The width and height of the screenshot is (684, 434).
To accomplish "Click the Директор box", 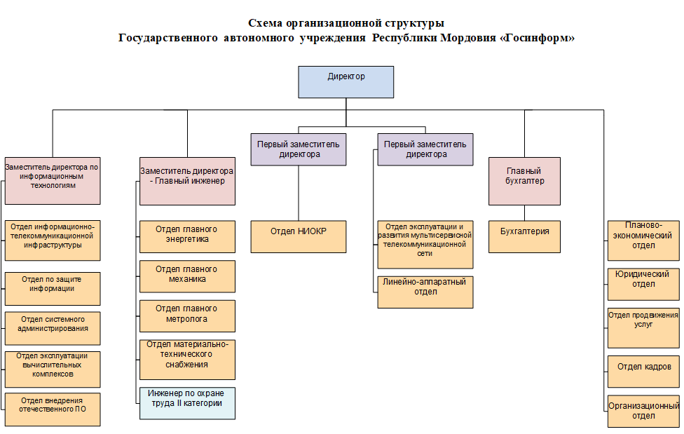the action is [346, 82].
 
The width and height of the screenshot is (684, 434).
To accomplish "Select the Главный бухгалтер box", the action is [524, 181].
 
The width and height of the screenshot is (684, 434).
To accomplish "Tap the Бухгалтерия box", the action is [524, 237].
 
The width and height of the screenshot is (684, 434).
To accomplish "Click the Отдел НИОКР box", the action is [299, 237].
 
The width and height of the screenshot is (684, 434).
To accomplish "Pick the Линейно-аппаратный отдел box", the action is [425, 292].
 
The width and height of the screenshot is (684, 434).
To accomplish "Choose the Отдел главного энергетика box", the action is [187, 237].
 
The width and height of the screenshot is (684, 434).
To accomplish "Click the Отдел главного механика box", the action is [187, 276].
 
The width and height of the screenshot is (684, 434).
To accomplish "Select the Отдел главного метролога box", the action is [187, 316].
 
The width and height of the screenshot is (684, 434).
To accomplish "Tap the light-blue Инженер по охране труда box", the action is [187, 403].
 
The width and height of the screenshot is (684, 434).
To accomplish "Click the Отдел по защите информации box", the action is [53, 289].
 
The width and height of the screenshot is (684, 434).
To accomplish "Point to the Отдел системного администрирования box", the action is [53, 328].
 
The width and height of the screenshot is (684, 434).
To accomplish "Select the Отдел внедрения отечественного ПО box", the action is [53, 409].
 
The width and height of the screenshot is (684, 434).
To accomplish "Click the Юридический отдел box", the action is [643, 284].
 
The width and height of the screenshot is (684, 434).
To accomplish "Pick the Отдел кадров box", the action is [643, 372].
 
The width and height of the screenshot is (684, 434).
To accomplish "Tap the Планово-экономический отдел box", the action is [643, 240].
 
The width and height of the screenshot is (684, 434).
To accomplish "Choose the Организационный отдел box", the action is [643, 412].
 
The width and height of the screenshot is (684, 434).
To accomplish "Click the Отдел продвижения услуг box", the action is [643, 328].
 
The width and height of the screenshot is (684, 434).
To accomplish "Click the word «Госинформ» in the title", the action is [537, 38].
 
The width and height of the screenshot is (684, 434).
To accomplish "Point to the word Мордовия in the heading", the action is [468, 38].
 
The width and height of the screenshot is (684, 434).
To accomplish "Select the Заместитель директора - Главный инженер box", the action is [187, 181].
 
